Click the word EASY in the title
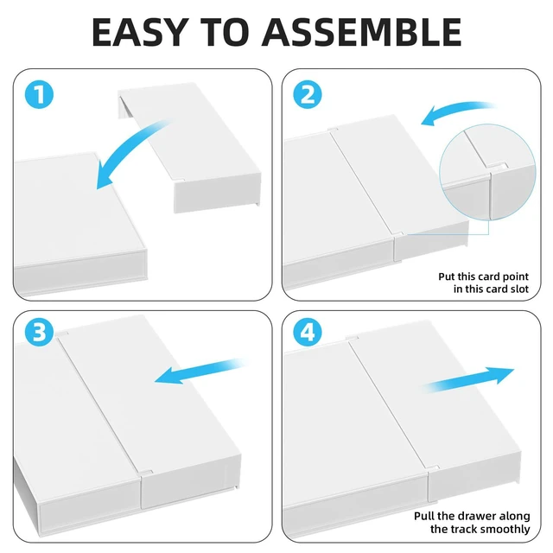click(x=138, y=32)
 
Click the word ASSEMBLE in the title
click(x=361, y=32)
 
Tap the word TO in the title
click(x=224, y=32)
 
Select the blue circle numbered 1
click(x=39, y=94)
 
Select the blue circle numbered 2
click(x=308, y=94)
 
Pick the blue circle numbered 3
click(x=39, y=332)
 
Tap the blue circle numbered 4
click(x=308, y=332)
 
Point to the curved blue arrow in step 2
click(x=455, y=110)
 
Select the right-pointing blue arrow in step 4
click(x=469, y=380)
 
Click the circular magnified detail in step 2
click(x=487, y=172)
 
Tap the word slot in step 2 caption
click(x=518, y=289)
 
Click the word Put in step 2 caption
click(x=447, y=276)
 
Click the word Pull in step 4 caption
click(x=424, y=517)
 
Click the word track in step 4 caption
click(x=463, y=529)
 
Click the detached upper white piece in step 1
click(x=189, y=148)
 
